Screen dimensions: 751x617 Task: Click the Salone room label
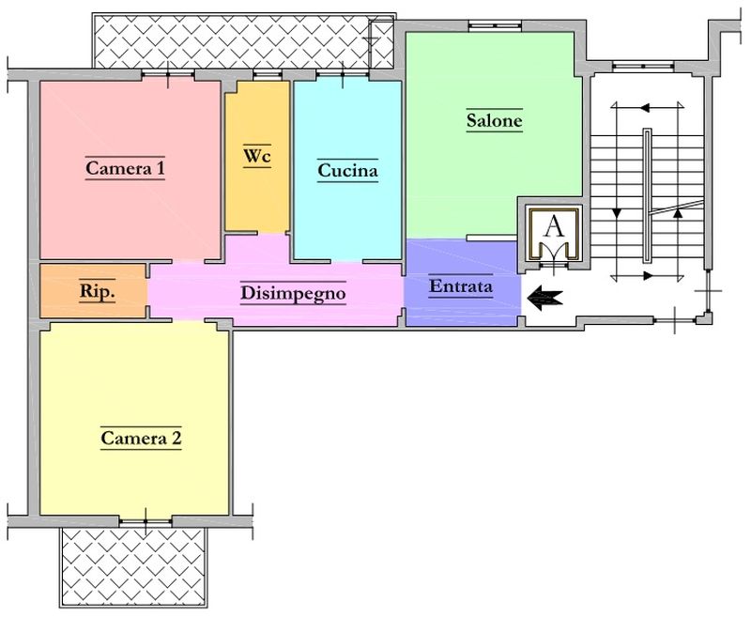pos(495,120)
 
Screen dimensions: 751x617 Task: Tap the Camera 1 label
pos(125,168)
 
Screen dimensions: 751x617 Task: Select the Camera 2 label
pos(142,438)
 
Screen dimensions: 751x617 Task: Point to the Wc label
pos(257,156)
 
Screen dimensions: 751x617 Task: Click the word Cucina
pos(347,170)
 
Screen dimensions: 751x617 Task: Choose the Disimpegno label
pos(293,293)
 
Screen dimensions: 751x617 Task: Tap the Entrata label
pos(461,286)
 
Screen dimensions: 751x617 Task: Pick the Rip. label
pos(98,290)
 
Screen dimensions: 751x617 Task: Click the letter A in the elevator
pos(555,227)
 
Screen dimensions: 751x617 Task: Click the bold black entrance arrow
pos(545,298)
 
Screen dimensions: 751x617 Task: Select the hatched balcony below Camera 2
pos(133,567)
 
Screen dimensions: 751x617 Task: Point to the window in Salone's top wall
pos(496,25)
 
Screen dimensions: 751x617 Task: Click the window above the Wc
pos(268,74)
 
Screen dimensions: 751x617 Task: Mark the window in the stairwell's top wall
pos(643,65)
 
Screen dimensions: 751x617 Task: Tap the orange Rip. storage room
pos(93,291)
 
